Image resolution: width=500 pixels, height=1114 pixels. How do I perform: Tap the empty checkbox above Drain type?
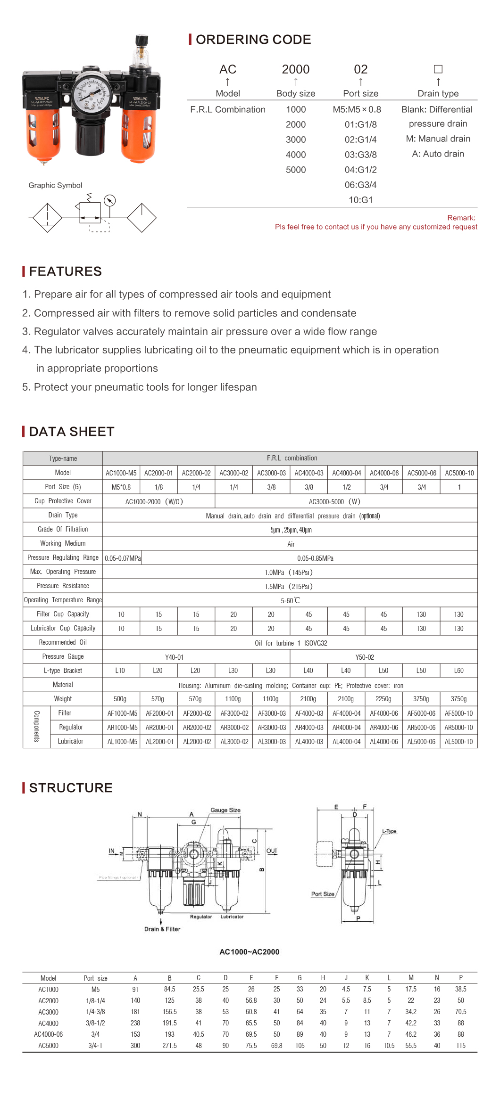click(x=438, y=69)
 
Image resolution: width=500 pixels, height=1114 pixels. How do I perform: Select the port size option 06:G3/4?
click(x=360, y=185)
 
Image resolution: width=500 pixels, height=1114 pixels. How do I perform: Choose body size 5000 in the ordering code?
click(x=296, y=170)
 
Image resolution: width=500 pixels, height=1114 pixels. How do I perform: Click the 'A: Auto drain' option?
click(x=438, y=154)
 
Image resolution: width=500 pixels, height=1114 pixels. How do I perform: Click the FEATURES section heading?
click(x=65, y=271)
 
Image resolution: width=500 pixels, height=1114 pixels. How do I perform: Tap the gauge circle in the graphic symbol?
click(x=109, y=201)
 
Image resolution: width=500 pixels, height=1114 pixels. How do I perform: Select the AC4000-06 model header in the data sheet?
click(x=384, y=473)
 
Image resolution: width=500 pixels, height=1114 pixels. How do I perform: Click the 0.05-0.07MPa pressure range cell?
click(x=123, y=558)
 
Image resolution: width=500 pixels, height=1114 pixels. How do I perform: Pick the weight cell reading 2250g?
click(x=383, y=699)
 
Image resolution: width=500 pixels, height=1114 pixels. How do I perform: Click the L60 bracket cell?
click(x=458, y=671)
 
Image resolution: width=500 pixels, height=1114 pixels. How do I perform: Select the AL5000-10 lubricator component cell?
click(x=458, y=741)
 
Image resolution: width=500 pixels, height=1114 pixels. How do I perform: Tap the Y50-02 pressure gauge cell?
click(x=365, y=657)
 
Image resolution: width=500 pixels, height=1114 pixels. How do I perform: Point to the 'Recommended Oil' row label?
click(x=63, y=642)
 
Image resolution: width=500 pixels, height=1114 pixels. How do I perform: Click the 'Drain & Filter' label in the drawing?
click(x=162, y=929)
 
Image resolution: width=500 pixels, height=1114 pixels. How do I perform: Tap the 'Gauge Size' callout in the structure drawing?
click(x=225, y=810)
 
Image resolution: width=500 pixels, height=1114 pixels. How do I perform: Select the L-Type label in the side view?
click(x=389, y=831)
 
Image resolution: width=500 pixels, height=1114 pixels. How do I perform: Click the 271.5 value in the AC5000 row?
click(x=169, y=1045)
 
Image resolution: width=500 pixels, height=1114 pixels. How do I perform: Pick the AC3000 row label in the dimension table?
click(x=48, y=1012)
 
